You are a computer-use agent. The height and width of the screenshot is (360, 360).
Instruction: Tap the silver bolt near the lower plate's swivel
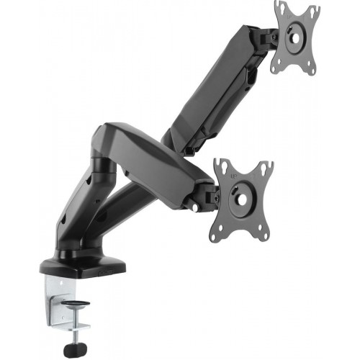(195, 208)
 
